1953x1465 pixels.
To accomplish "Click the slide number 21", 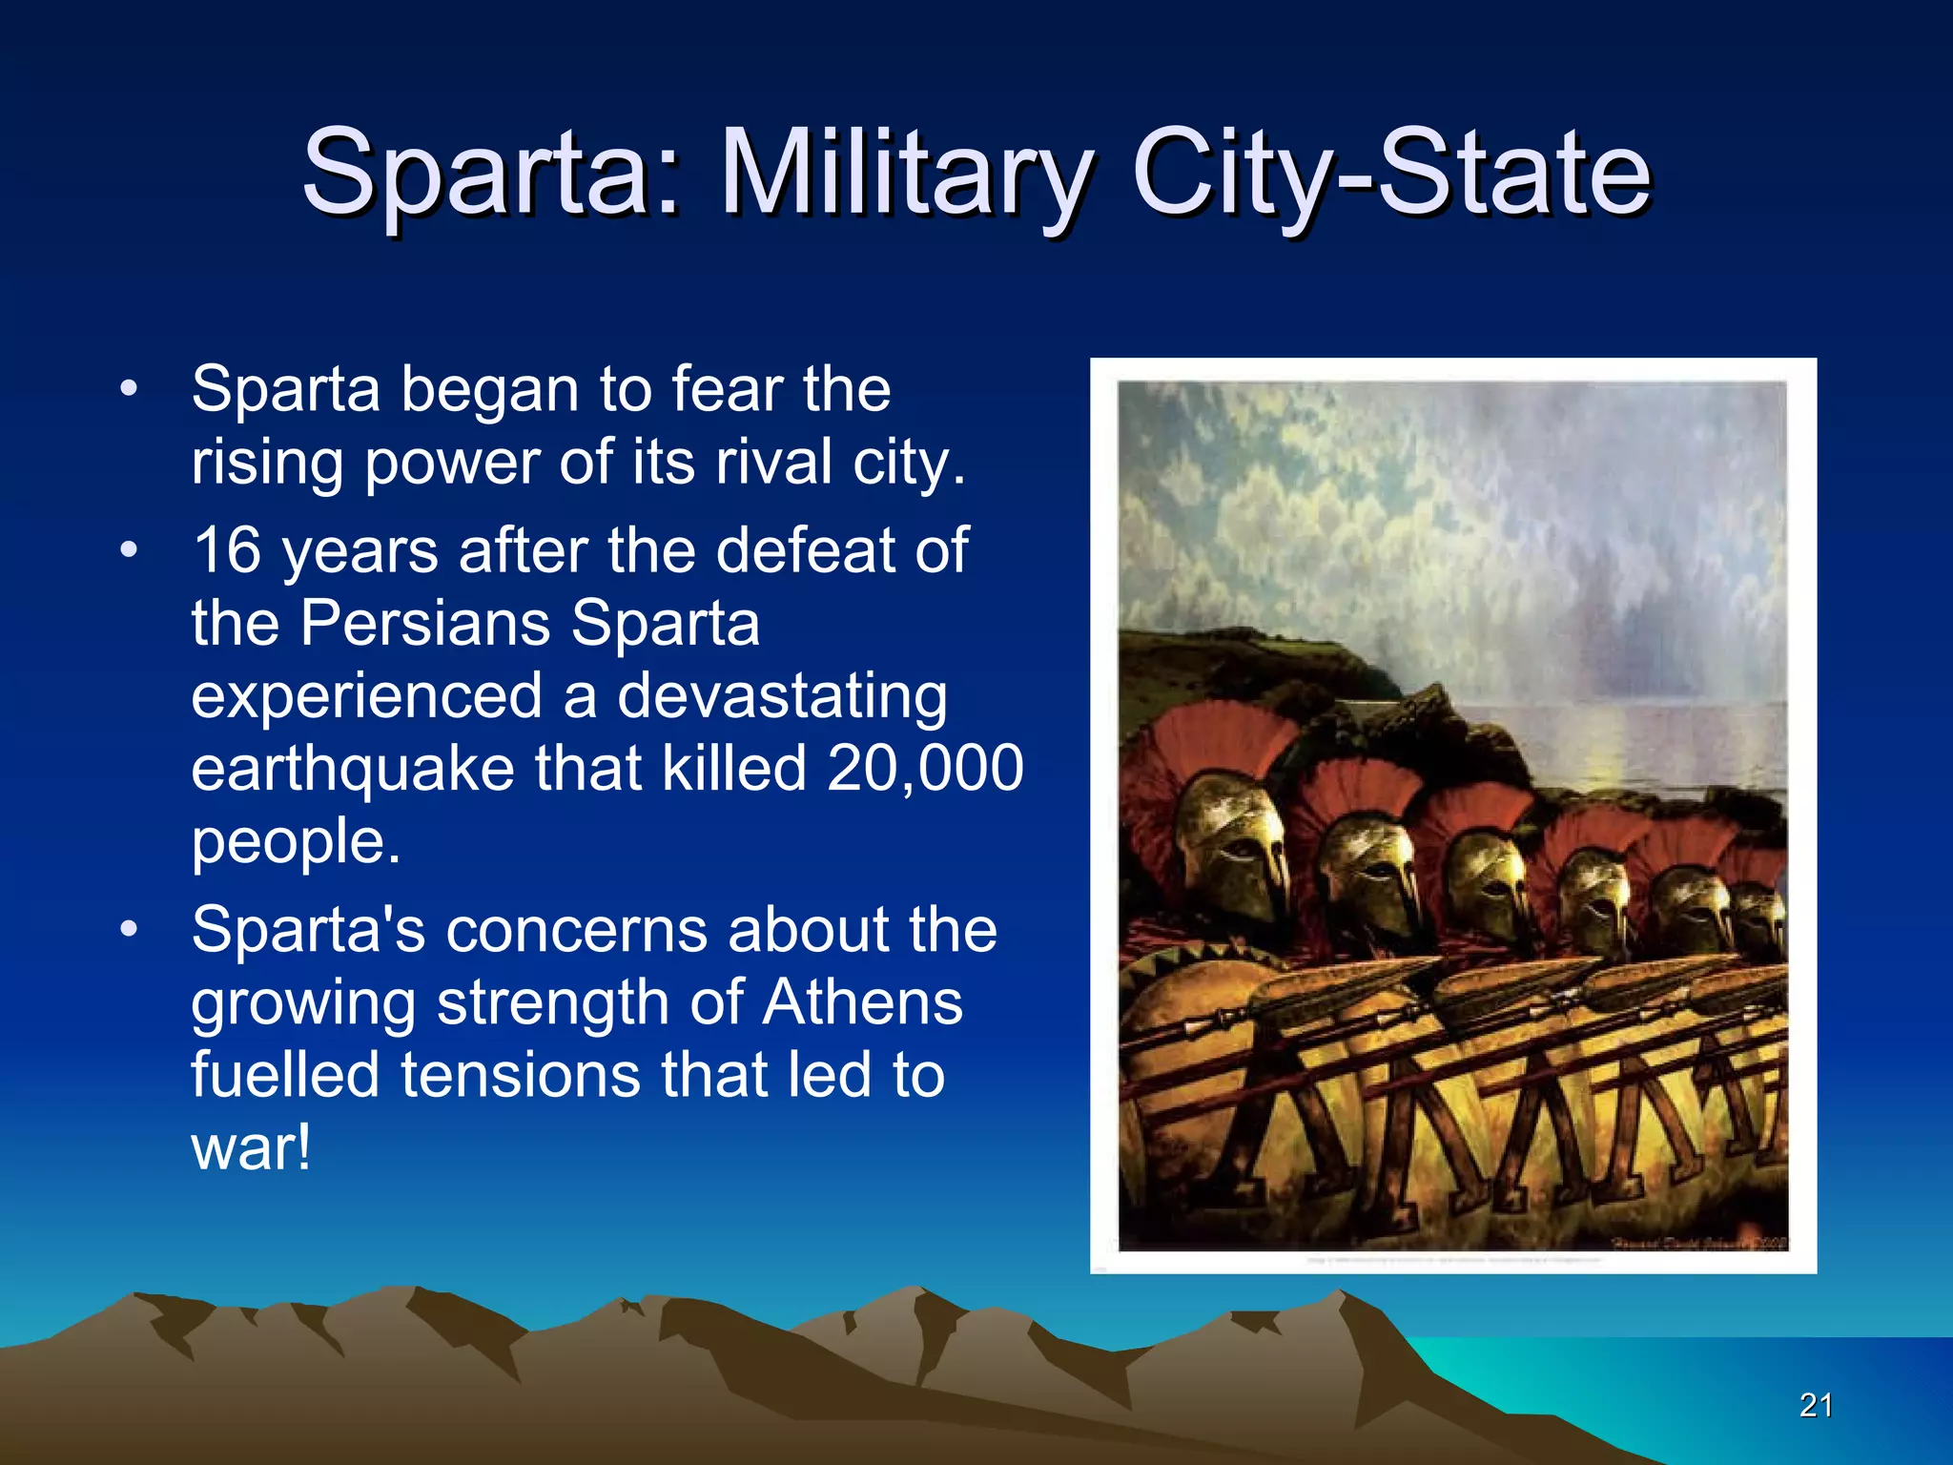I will pyautogui.click(x=1816, y=1405).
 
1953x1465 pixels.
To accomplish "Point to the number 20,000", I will pyautogui.click(x=925, y=768).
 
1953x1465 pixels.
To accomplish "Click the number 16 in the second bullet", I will pyautogui.click(x=227, y=551).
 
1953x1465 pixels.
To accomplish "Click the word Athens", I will pyautogui.click(x=862, y=1003).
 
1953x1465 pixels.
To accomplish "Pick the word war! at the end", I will pyautogui.click(x=251, y=1148).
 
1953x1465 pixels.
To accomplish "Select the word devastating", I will pyautogui.click(x=782, y=696).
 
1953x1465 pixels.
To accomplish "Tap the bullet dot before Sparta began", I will pyautogui.click(x=129, y=389).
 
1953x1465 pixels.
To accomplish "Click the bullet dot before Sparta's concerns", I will pyautogui.click(x=129, y=929).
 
